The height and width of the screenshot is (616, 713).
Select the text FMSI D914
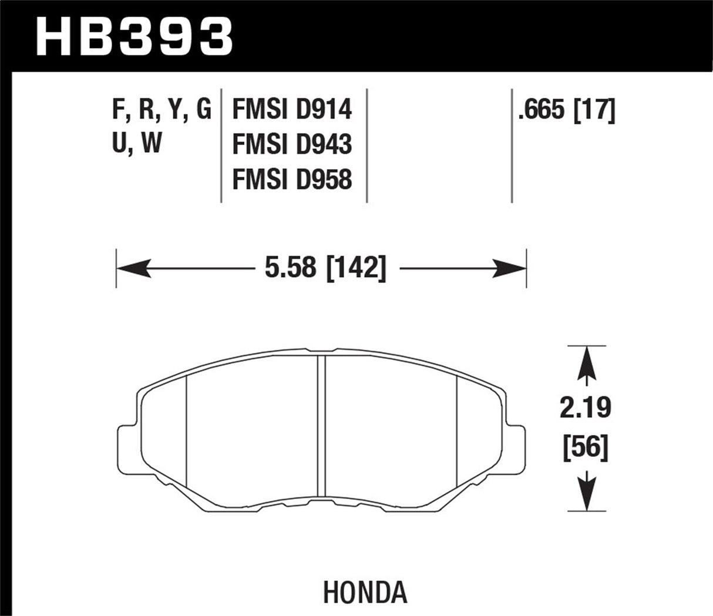(292, 110)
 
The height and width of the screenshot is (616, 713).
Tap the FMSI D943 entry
(292, 144)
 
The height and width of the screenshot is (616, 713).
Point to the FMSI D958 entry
(292, 179)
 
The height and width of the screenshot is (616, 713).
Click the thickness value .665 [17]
(566, 110)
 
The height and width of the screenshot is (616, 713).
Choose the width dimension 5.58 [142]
(322, 269)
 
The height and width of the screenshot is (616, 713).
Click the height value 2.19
(584, 408)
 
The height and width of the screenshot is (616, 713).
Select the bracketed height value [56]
(584, 449)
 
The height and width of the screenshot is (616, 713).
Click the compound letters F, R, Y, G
(161, 110)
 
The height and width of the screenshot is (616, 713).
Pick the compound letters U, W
(136, 144)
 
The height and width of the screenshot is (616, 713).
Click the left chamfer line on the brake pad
(186, 432)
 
